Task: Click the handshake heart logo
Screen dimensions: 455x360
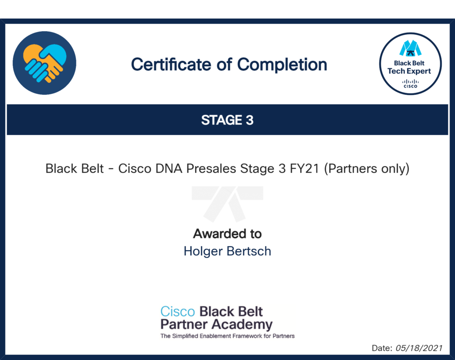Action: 44,63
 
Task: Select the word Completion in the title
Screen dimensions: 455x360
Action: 282,65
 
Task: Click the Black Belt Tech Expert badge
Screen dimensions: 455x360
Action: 410,64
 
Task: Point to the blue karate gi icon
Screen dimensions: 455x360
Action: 410,48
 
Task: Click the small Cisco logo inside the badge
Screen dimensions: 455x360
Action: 410,84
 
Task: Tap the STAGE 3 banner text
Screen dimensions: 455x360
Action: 227,120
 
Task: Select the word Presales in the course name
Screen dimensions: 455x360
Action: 211,169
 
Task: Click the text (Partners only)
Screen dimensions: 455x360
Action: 367,169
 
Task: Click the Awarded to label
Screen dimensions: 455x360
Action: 227,234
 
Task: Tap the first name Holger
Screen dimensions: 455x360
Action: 203,252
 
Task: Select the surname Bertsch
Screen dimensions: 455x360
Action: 249,252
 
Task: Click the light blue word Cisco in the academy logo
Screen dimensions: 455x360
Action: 178,312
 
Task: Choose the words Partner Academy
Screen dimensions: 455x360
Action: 216,324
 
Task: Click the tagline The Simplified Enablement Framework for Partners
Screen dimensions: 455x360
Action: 227,336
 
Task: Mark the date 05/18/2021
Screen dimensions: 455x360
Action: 419,348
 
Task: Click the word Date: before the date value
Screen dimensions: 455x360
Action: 382,348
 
